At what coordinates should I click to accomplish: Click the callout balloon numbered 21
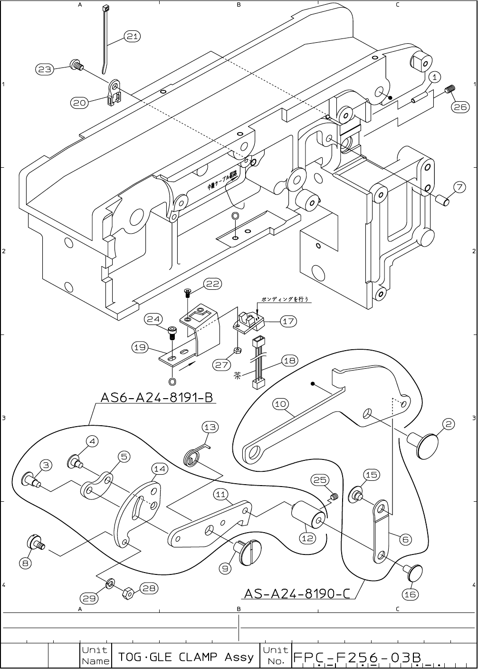tap(133, 36)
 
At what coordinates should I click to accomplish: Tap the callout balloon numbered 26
tap(460, 107)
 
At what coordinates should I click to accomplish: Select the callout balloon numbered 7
tap(459, 187)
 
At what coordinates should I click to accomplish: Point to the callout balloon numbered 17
tap(288, 321)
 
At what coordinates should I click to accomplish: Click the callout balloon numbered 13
tap(210, 427)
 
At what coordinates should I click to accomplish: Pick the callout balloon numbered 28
tap(149, 588)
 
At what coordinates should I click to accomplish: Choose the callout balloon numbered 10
tap(281, 404)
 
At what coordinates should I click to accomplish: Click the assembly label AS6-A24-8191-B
tap(156, 397)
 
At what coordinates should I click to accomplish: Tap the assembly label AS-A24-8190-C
tap(297, 593)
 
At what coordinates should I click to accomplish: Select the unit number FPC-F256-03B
tap(357, 658)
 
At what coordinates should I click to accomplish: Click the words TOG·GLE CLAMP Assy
tap(186, 657)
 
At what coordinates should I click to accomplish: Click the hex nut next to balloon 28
tap(128, 593)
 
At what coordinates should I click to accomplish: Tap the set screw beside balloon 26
tap(450, 89)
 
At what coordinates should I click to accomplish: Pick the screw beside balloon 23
tap(76, 65)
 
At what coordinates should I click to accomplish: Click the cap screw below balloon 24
tap(172, 332)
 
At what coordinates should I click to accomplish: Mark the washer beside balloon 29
tap(110, 583)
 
